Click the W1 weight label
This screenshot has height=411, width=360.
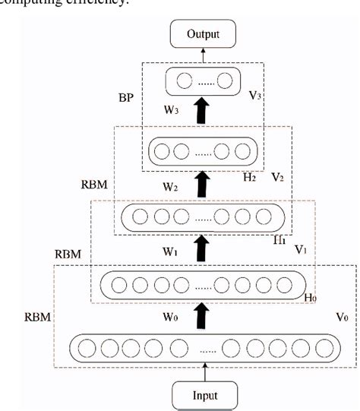coord(171,248)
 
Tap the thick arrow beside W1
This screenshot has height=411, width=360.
coord(202,248)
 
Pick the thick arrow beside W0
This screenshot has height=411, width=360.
coord(202,312)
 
